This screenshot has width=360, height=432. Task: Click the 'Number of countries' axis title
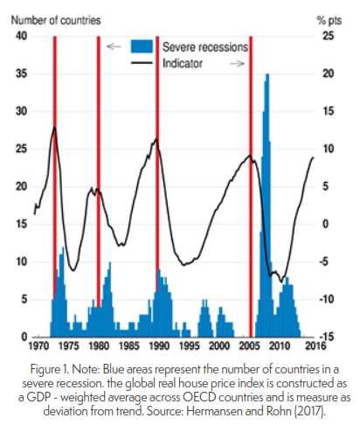point(56,20)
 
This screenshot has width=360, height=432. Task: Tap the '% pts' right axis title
point(329,21)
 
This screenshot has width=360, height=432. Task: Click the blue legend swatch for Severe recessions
point(142,46)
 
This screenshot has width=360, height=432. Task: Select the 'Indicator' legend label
point(183,63)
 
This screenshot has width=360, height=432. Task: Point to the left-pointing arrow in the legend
point(114,46)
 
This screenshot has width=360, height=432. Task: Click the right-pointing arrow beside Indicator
point(238,63)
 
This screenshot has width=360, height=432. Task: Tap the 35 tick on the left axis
point(21,73)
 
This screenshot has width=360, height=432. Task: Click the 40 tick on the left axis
point(21,36)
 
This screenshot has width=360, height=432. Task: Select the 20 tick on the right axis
point(329,73)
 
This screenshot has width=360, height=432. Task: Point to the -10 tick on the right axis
point(327,299)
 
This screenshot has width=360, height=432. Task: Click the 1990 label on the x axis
point(159,346)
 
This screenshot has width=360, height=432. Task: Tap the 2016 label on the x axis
point(315,346)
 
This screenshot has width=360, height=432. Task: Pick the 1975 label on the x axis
point(69,346)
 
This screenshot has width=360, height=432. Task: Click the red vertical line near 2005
point(251,186)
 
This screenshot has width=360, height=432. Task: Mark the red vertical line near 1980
point(99,172)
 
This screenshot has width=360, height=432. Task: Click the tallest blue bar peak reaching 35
point(267,74)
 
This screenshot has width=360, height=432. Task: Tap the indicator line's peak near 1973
point(54,128)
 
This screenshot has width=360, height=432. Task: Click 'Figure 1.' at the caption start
point(50,370)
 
